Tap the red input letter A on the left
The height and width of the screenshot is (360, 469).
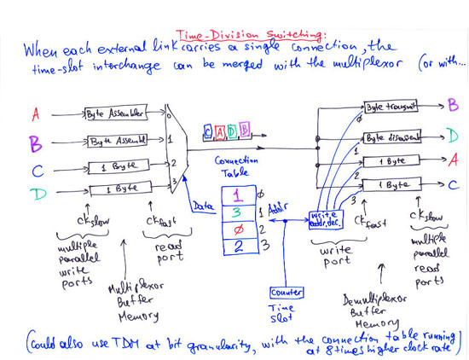tap(36, 113)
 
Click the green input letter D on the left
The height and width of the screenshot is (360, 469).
tap(38, 195)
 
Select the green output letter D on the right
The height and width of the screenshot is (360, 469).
tap(450, 134)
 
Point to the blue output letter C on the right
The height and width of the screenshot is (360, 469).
tap(452, 184)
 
